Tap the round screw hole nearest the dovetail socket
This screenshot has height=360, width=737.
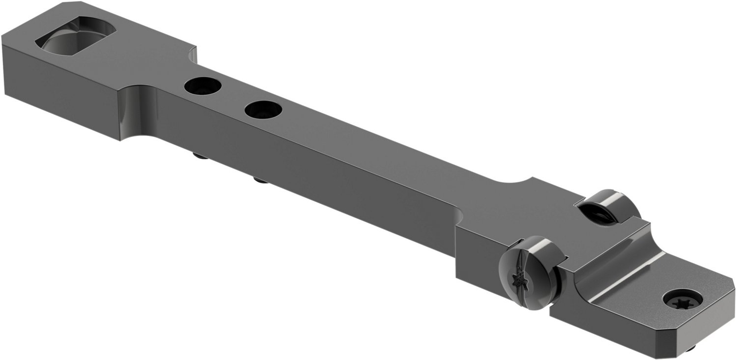(203, 86)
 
